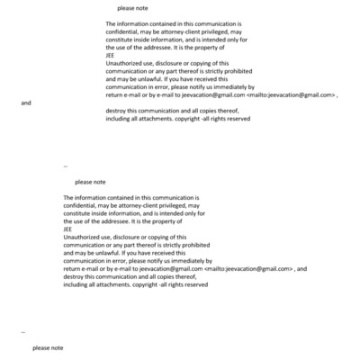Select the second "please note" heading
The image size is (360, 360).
coord(90,182)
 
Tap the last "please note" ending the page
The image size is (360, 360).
coord(48,347)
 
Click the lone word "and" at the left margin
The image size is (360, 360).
coord(25,103)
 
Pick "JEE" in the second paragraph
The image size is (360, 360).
coord(68,229)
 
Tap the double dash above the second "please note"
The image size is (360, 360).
coord(65,166)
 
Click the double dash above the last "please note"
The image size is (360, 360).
coord(23,332)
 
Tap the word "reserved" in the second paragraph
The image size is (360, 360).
coord(193,284)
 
